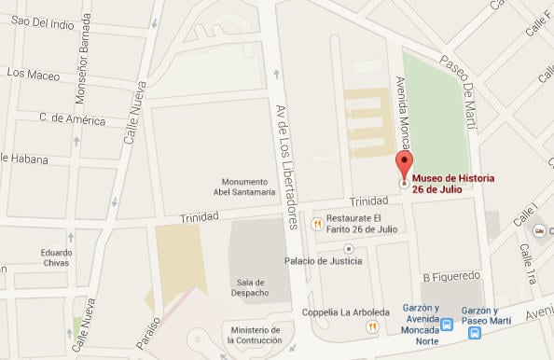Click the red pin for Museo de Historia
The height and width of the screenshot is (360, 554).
(404, 164)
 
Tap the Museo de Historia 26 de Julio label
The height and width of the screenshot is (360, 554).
(453, 184)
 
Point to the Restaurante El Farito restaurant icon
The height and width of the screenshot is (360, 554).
(317, 223)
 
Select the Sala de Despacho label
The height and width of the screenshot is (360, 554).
(252, 287)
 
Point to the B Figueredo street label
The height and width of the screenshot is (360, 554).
(450, 276)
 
